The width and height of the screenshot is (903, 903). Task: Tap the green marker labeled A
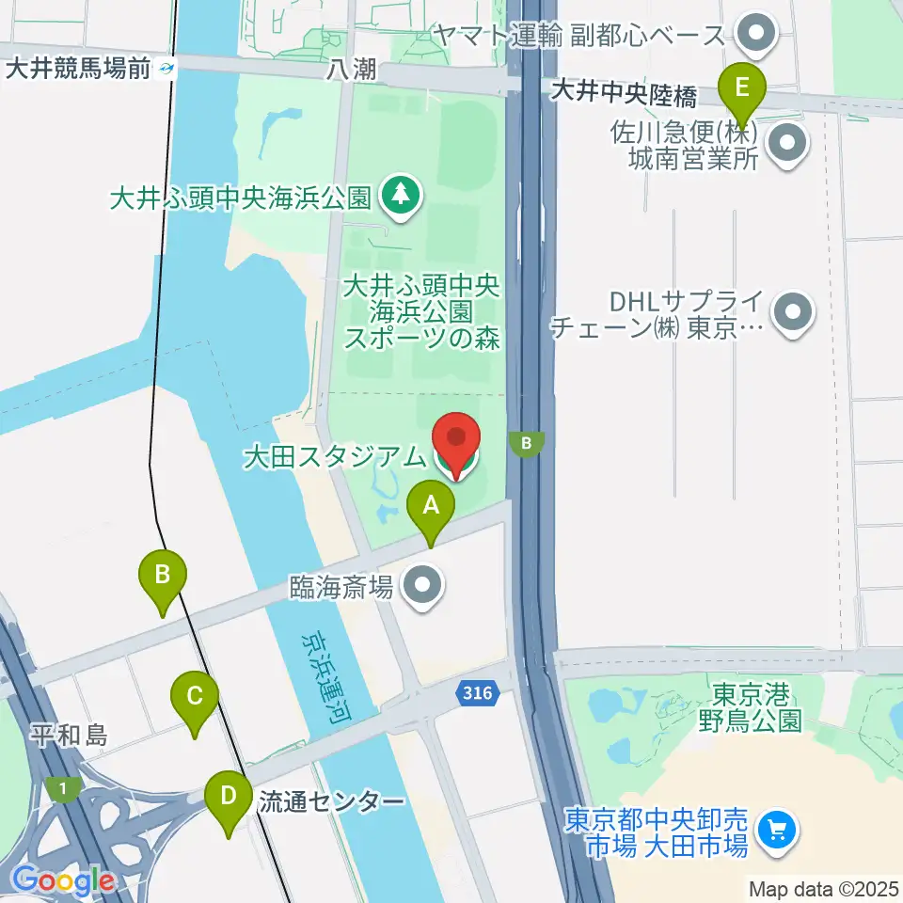[x=431, y=509]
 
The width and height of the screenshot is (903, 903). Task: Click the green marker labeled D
[x=229, y=799]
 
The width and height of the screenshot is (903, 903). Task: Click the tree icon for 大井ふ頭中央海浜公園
[x=402, y=197]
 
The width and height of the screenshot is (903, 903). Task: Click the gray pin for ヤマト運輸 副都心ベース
[x=753, y=36]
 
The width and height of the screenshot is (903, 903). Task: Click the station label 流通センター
[x=331, y=802]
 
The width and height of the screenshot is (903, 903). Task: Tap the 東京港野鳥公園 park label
[x=749, y=707]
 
